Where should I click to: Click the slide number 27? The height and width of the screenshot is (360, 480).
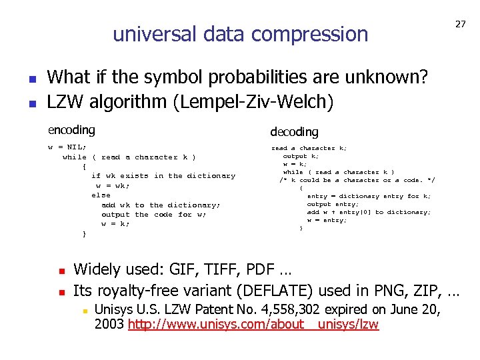tap(461, 24)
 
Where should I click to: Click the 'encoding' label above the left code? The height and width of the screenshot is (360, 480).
tap(71, 130)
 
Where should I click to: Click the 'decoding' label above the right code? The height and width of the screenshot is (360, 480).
tap(294, 132)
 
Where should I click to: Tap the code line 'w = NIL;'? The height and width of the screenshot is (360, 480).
tap(67, 147)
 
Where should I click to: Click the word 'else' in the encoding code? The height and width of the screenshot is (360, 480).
tap(101, 195)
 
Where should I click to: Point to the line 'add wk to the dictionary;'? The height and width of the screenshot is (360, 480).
tap(161, 205)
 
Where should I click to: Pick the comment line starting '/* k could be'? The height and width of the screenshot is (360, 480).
tap(357, 180)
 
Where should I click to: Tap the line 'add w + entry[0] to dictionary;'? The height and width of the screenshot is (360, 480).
tap(369, 212)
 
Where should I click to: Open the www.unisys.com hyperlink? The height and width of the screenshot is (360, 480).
tap(253, 325)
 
